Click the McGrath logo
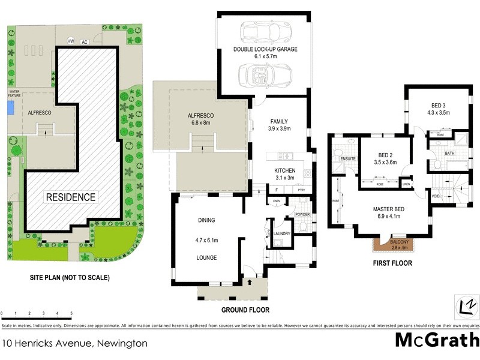437,340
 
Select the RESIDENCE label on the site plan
71,197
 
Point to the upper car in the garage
265,31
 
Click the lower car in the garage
265,74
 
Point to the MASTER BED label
388,209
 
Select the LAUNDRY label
282,233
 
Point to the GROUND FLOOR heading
245,310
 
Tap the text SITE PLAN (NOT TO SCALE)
70,278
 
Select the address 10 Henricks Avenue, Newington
75,344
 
